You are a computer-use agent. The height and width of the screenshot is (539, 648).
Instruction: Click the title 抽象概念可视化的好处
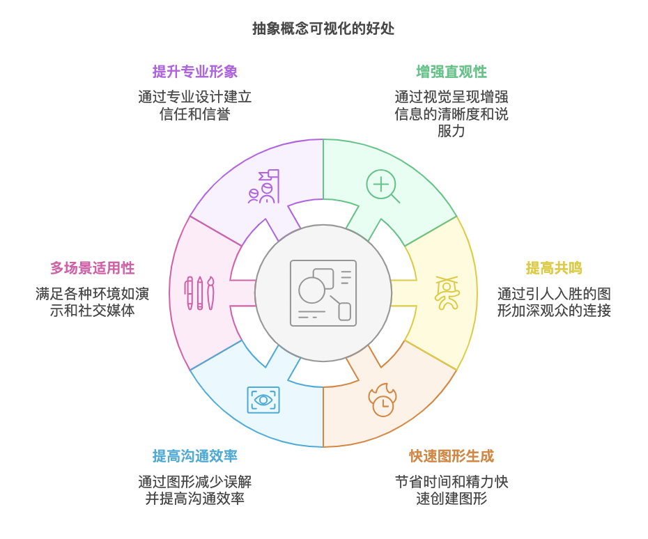coord(323,29)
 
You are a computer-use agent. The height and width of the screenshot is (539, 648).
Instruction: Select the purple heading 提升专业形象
coord(195,72)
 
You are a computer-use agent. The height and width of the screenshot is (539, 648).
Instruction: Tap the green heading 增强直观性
coord(452,72)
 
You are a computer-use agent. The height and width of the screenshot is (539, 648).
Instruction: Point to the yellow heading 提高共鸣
coord(553,268)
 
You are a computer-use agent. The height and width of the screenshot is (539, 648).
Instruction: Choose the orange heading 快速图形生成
coord(452,457)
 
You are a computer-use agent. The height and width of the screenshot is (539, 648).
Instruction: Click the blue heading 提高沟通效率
coord(195,457)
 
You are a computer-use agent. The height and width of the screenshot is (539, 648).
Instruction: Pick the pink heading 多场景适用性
coord(92,268)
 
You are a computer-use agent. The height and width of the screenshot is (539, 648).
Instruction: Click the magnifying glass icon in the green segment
coord(383,186)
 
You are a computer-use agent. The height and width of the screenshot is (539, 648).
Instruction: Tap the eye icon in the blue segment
coord(263,400)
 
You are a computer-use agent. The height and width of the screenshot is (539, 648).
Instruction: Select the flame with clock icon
coord(382,400)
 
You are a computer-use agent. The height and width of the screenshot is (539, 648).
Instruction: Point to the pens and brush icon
coord(199,293)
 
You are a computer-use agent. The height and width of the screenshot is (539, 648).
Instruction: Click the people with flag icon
coord(264,187)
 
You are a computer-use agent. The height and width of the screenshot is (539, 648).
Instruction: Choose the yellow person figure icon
coord(446,293)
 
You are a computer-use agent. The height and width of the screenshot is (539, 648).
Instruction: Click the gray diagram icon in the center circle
coord(323,293)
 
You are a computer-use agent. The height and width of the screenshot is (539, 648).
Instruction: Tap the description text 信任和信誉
coord(195,114)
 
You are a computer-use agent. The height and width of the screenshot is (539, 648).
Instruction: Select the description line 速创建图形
coord(452,499)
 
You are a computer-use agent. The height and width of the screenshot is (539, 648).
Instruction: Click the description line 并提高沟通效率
coord(195,499)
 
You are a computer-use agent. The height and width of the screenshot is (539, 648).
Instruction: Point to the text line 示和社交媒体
coord(92,311)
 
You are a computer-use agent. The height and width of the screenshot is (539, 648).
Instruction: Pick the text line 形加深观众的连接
coord(554,311)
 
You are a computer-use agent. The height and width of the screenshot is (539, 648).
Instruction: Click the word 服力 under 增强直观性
coord(452,131)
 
